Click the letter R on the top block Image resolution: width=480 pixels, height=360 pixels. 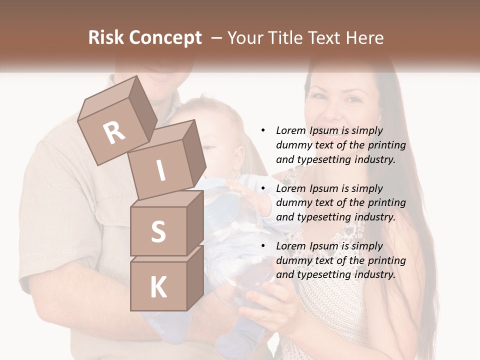click(x=114, y=132)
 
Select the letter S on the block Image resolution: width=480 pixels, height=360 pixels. click(x=158, y=231)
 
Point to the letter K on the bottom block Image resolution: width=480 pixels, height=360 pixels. click(x=158, y=287)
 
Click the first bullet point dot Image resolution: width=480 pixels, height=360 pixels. click(x=263, y=130)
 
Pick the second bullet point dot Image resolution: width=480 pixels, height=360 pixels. click(x=263, y=188)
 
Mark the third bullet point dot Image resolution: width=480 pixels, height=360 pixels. click(x=263, y=246)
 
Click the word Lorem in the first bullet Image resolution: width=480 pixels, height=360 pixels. click(x=290, y=130)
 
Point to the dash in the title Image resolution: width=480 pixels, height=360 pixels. click(x=216, y=38)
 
